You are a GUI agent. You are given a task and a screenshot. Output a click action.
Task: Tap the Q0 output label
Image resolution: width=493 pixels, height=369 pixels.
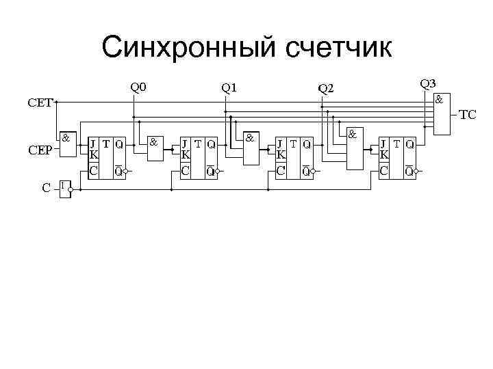click(139, 87)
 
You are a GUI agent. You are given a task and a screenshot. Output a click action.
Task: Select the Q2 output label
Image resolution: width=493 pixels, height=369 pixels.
click(325, 87)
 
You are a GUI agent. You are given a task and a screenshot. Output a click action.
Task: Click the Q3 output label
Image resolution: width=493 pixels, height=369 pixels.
click(428, 83)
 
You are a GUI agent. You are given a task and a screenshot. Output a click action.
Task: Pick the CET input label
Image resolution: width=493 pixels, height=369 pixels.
click(40, 103)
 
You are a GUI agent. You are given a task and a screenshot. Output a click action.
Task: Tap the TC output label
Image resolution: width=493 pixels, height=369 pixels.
click(468, 114)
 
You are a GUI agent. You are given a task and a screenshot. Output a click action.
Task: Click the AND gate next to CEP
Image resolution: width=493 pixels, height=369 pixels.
click(67, 143)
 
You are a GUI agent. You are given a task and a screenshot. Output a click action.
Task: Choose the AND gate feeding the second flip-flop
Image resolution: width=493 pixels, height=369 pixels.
click(155, 148)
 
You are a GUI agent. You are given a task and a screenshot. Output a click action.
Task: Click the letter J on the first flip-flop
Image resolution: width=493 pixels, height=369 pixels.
click(92, 144)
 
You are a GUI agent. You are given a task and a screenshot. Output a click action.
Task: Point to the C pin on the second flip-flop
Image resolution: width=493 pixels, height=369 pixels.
click(185, 169)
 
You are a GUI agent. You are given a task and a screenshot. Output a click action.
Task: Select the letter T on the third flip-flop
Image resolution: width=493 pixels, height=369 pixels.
click(292, 144)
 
